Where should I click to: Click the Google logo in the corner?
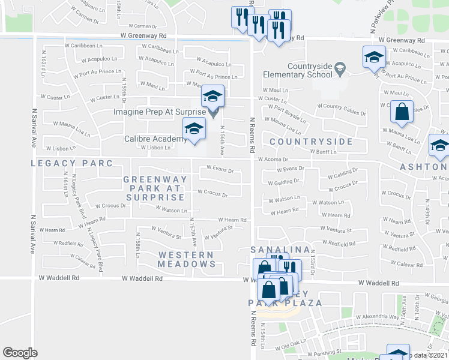[20, 353]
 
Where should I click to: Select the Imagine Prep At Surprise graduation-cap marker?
[212, 97]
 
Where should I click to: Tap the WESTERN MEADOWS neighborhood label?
[186, 259]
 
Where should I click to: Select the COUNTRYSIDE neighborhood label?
[311, 142]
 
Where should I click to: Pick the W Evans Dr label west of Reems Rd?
[220, 169]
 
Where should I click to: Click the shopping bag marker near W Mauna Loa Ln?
[402, 112]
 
